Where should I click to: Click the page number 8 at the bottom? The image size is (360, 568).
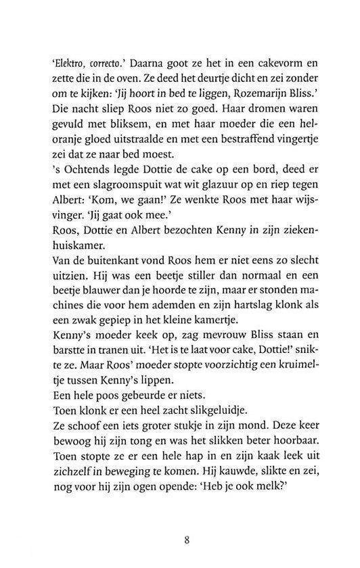coord(186,540)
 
